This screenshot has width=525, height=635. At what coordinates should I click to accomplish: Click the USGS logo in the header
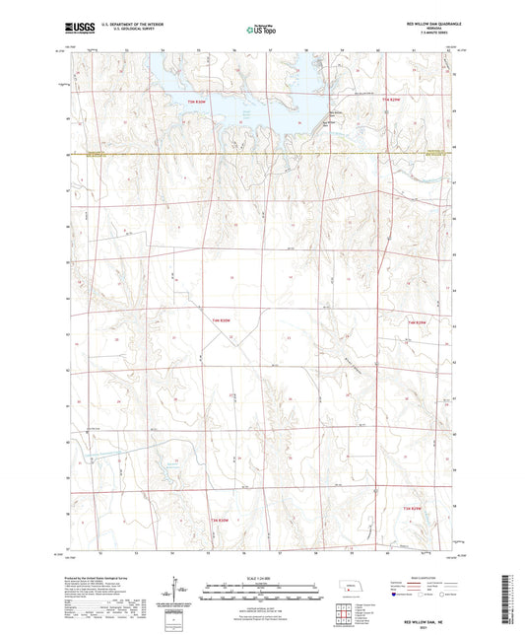[78, 29]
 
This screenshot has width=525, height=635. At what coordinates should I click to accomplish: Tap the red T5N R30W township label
[199, 101]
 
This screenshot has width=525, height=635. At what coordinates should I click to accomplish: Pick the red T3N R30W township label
[222, 520]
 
